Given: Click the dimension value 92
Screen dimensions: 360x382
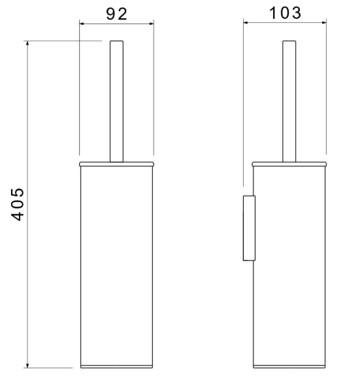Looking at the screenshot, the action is pyautogui.click(x=116, y=14).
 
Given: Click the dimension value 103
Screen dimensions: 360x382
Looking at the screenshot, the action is pyautogui.click(x=286, y=13).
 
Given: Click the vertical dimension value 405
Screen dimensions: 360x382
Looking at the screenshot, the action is pyautogui.click(x=18, y=204).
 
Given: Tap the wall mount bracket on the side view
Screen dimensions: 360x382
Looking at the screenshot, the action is pyautogui.click(x=249, y=228).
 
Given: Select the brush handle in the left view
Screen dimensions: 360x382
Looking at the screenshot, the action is pyautogui.click(x=116, y=101).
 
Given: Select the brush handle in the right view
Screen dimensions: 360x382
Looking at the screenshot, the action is pyautogui.click(x=289, y=101).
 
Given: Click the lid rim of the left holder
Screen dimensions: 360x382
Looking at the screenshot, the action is pyautogui.click(x=116, y=164).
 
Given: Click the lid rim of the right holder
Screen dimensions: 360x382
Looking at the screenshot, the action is pyautogui.click(x=289, y=164).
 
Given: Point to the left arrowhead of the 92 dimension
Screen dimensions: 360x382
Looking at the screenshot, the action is pyautogui.click(x=82, y=24).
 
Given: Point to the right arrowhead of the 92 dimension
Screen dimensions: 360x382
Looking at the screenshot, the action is pyautogui.click(x=152, y=24).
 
